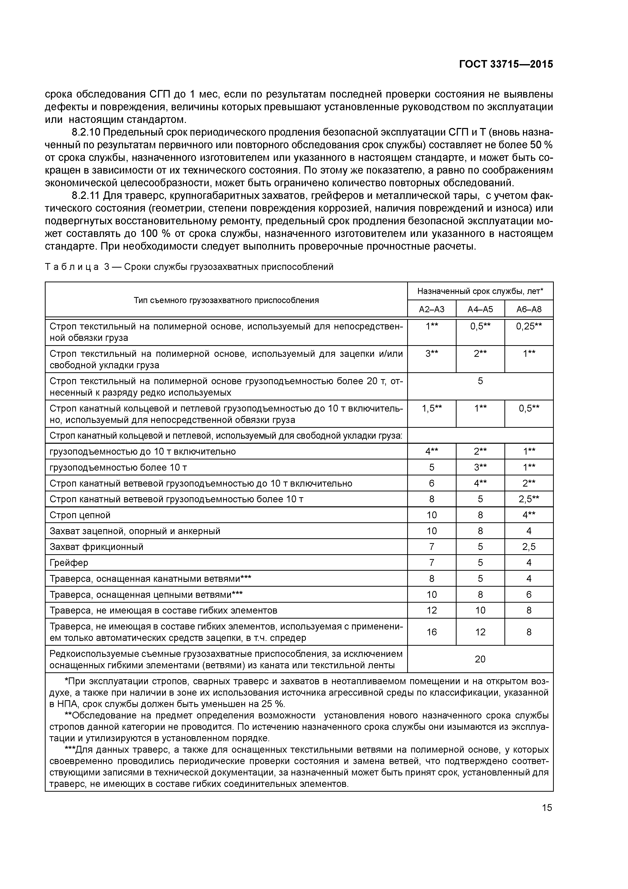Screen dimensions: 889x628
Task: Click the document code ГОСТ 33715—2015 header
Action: click(x=506, y=64)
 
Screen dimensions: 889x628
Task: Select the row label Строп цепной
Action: click(x=80, y=515)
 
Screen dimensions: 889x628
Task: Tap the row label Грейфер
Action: click(x=69, y=563)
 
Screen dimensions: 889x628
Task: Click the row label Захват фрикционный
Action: click(x=96, y=547)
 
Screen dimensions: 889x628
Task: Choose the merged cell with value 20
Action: click(x=480, y=659)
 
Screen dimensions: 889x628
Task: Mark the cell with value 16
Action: click(x=431, y=632)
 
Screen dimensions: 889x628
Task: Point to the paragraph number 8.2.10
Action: click(x=86, y=133)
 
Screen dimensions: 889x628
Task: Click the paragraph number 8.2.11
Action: click(x=86, y=196)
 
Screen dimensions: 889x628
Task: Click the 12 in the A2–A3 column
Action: click(x=431, y=610)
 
